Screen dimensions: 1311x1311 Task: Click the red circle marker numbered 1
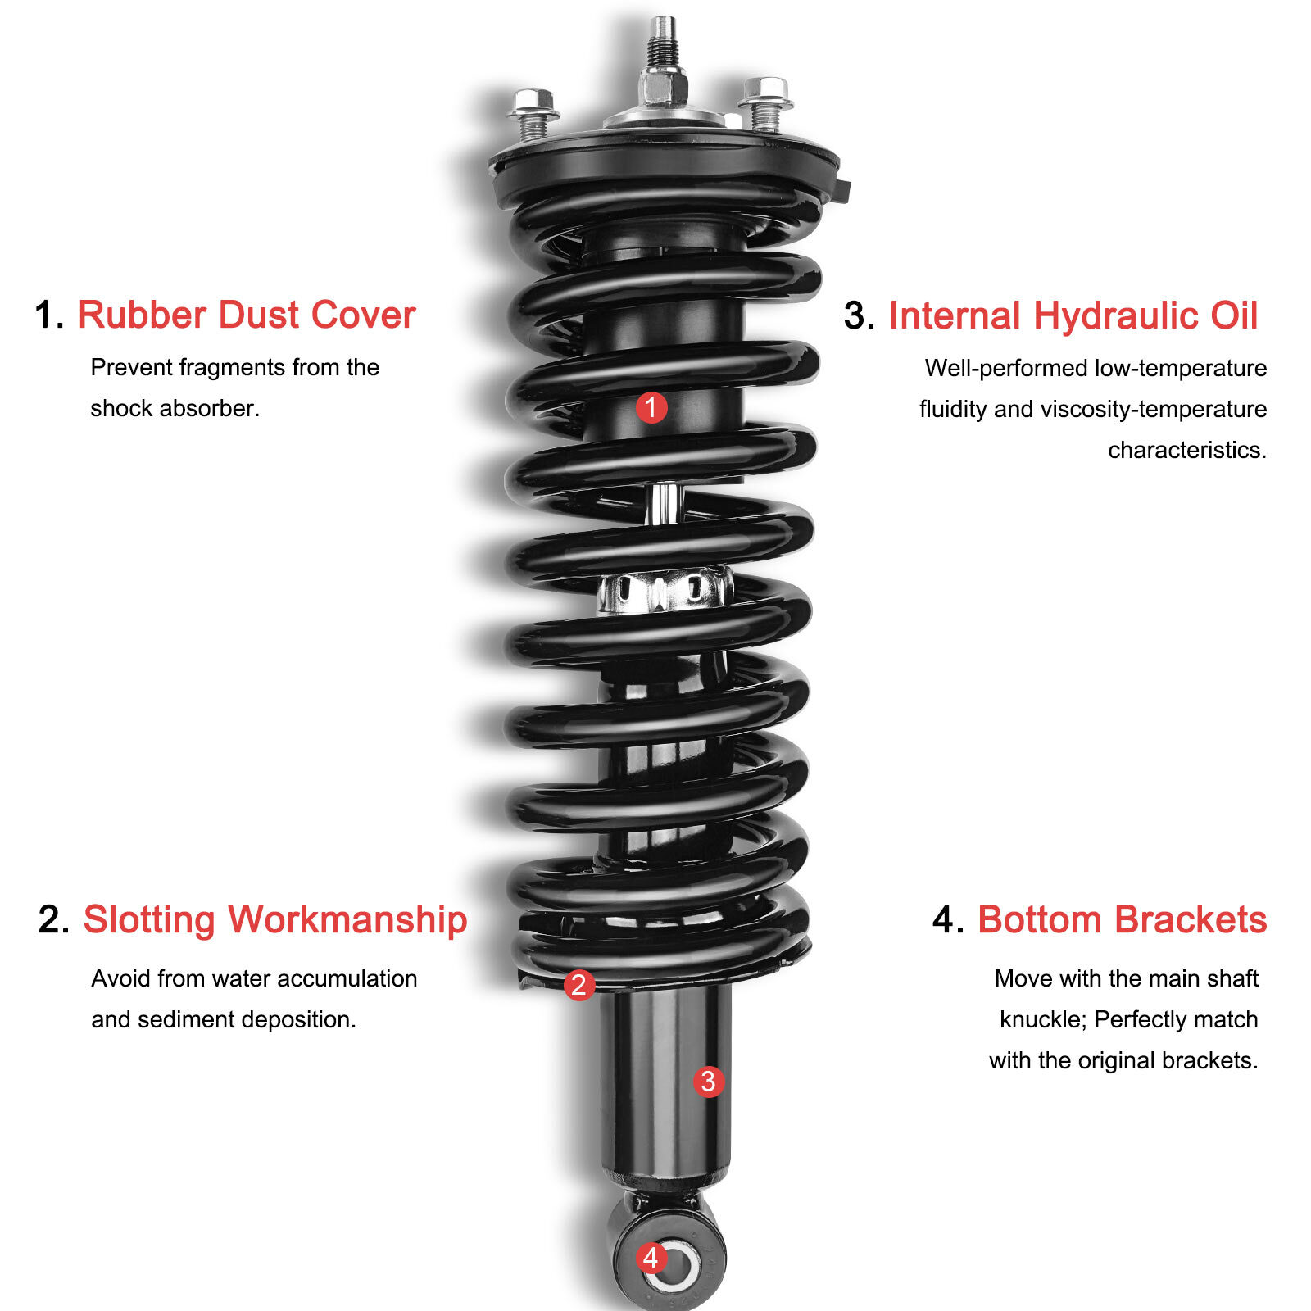[651, 407]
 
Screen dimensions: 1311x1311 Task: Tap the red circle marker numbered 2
[578, 984]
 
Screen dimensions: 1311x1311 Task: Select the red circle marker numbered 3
[709, 1081]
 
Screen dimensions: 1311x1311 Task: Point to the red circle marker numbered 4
[651, 1257]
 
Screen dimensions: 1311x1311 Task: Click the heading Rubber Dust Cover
[247, 315]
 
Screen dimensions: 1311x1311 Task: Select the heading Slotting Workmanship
[274, 919]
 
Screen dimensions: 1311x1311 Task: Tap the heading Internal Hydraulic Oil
[1073, 316]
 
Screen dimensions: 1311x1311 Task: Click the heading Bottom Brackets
[1122, 919]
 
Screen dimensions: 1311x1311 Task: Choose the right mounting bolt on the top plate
[765, 104]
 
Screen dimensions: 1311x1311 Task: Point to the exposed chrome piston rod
[664, 502]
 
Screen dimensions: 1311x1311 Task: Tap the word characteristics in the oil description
[1186, 450]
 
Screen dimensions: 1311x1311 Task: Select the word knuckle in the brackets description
[1042, 1019]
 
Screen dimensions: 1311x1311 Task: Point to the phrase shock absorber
[175, 408]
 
